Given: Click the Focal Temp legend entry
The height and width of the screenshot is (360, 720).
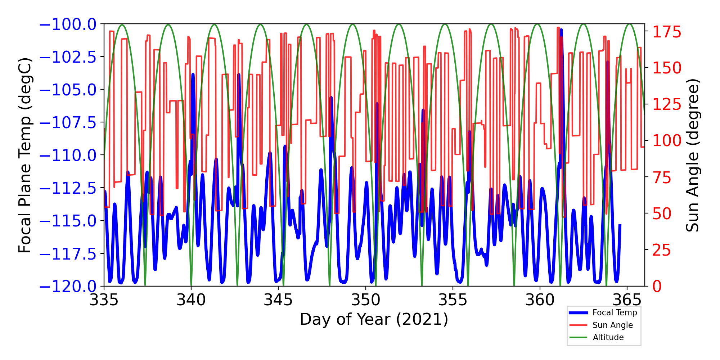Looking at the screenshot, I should pyautogui.click(x=615, y=312).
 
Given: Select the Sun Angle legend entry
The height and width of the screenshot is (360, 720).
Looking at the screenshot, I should pyautogui.click(x=612, y=325).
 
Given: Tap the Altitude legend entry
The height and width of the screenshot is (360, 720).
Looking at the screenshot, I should pyautogui.click(x=608, y=337).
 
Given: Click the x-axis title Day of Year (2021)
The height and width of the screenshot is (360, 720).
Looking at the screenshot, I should pyautogui.click(x=374, y=319).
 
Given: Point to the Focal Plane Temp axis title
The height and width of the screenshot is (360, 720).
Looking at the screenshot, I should pyautogui.click(x=25, y=155).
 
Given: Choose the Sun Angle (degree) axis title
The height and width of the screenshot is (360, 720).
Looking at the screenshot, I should pyautogui.click(x=692, y=155).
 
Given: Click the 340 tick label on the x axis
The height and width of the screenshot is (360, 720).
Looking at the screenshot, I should pyautogui.click(x=191, y=300).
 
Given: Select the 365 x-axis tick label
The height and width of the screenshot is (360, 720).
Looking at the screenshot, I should pyautogui.click(x=627, y=300).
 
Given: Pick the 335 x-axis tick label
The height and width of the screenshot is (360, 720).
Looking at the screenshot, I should pyautogui.click(x=104, y=300).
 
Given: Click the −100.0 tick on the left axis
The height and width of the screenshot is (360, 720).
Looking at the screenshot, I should pyautogui.click(x=68, y=24).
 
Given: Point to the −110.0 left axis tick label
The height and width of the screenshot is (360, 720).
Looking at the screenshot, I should pyautogui.click(x=68, y=156).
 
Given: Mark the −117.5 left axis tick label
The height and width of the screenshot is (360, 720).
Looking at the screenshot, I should pyautogui.click(x=68, y=254).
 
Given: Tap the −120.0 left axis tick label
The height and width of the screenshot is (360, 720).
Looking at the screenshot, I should pyautogui.click(x=68, y=287).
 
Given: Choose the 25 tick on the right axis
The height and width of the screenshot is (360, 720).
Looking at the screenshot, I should pyautogui.click(x=662, y=250).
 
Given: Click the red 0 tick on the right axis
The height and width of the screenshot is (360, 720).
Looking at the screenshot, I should pyautogui.click(x=657, y=287).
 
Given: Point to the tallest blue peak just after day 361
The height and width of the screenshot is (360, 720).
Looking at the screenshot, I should pyautogui.click(x=561, y=30).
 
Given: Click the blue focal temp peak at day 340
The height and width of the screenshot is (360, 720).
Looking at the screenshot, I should pyautogui.click(x=193, y=75).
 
